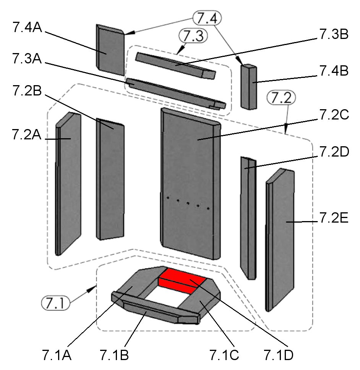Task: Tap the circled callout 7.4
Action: (207, 18)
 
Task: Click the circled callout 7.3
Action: (193, 37)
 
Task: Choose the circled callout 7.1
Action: (55, 304)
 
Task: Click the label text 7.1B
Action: (114, 355)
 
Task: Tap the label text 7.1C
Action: (224, 355)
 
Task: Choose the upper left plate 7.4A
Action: (110, 50)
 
